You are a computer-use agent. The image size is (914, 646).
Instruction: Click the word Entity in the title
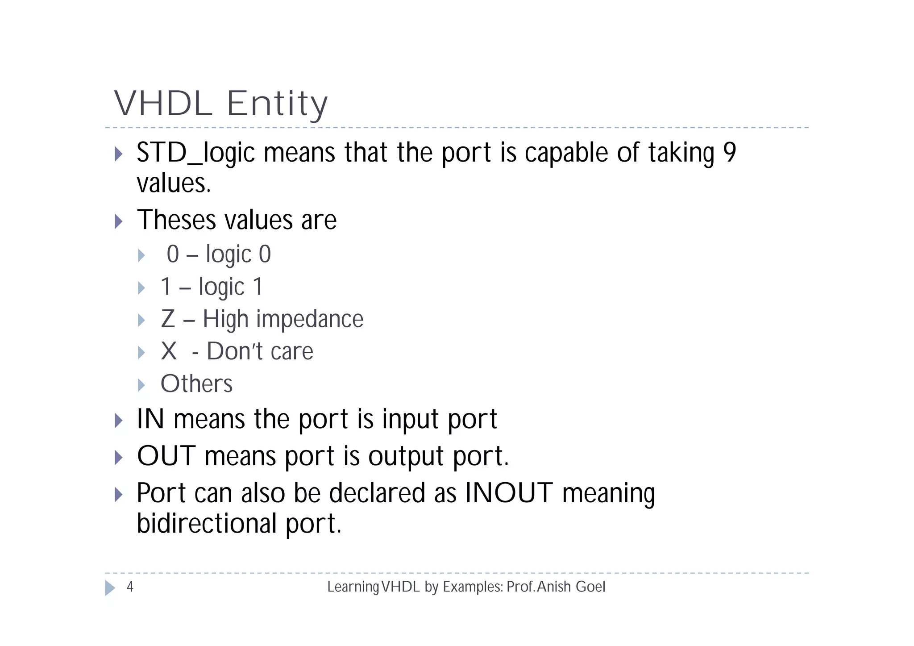(x=277, y=104)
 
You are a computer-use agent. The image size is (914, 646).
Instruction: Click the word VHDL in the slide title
(x=163, y=104)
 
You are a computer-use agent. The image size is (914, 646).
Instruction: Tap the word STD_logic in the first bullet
(x=195, y=153)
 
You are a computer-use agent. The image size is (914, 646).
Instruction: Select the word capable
(x=566, y=153)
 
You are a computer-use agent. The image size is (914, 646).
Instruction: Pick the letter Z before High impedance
(x=168, y=319)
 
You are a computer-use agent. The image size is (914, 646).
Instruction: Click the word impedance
(x=309, y=320)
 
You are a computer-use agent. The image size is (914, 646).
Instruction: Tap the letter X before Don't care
(x=169, y=351)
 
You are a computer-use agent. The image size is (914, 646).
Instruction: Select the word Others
(x=196, y=383)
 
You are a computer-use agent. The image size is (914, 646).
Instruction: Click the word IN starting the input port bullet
(x=150, y=419)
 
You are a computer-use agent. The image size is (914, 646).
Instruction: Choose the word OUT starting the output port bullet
(x=166, y=456)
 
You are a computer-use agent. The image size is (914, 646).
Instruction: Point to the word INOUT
(x=509, y=493)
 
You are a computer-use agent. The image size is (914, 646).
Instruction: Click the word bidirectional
(x=207, y=523)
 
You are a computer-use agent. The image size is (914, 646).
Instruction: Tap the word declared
(x=377, y=493)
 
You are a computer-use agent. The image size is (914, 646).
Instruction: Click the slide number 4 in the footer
(x=130, y=587)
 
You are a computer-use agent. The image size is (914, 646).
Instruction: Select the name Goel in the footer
(x=590, y=587)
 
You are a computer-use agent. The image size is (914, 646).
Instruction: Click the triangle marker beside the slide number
(x=110, y=588)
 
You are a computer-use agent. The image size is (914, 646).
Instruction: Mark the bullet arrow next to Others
(x=141, y=385)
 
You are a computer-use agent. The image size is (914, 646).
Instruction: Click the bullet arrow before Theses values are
(x=118, y=221)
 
